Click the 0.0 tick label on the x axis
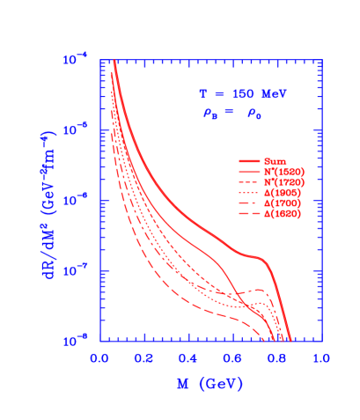pos(99,359)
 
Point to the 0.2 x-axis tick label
pos(144,359)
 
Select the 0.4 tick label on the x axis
pos(188,359)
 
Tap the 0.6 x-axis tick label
pos(232,359)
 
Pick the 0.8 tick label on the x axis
pos(277,359)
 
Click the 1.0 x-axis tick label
pos(321,359)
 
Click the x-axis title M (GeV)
pos(208,385)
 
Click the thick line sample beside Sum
pos(250,162)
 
